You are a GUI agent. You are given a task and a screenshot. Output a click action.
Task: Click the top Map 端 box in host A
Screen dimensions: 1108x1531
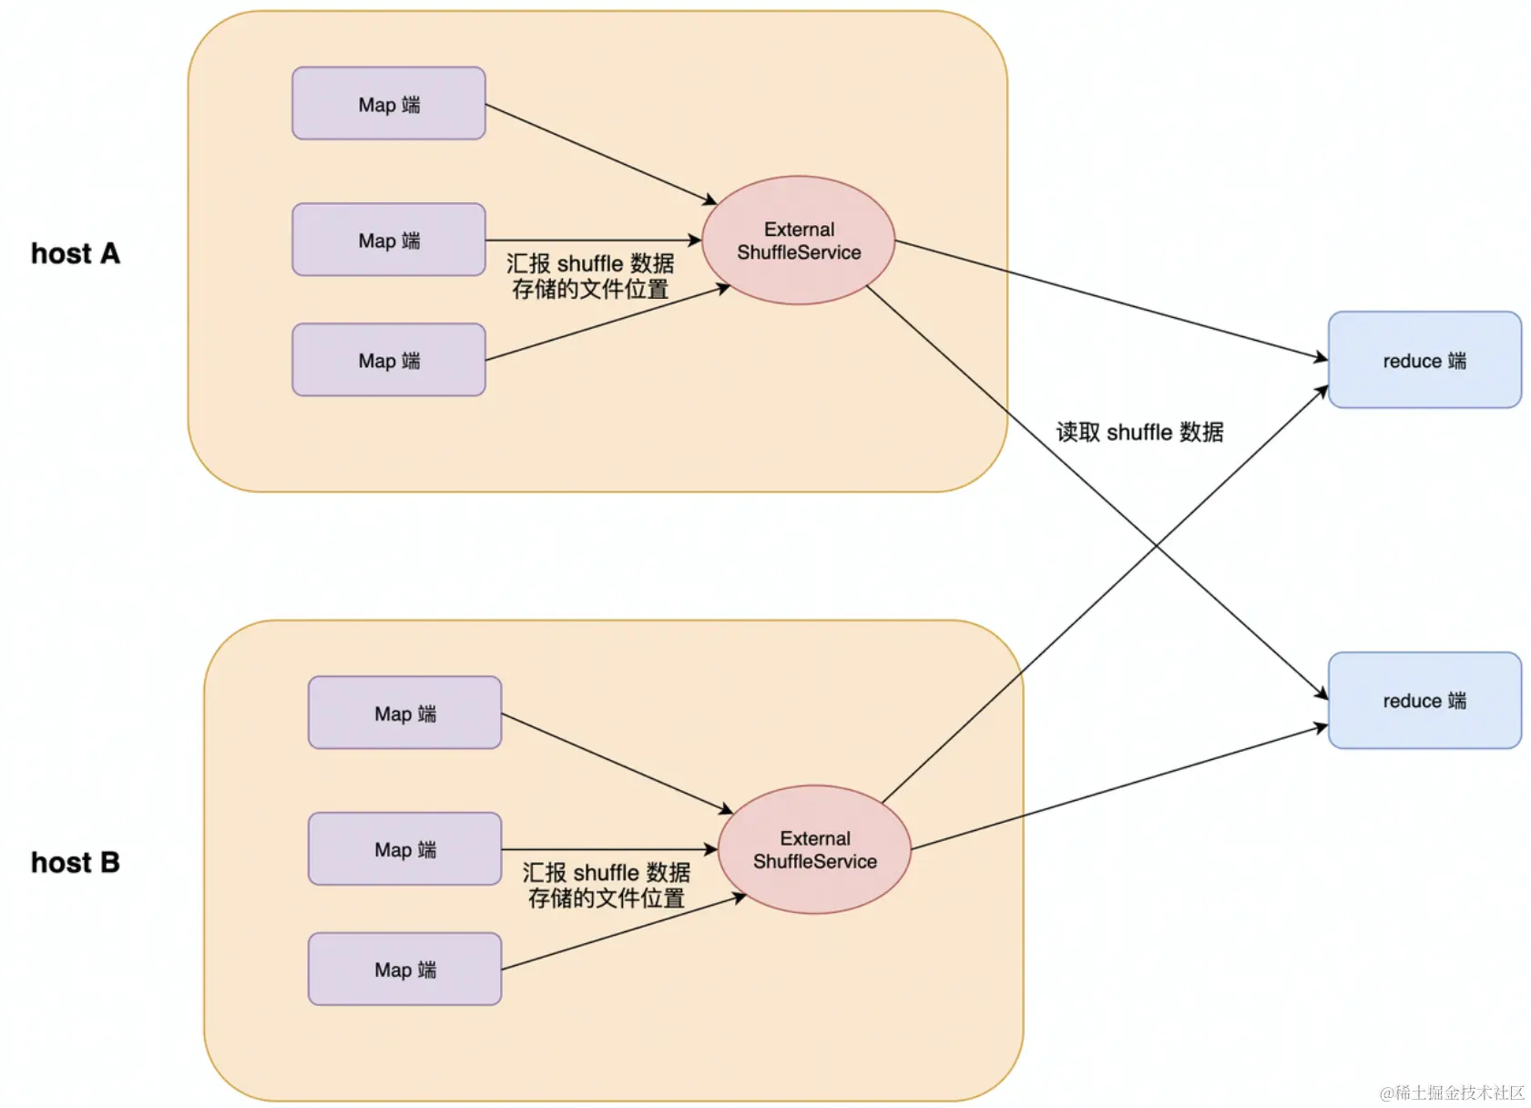pos(389,104)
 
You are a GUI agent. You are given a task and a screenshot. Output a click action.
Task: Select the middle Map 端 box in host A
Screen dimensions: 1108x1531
pos(389,240)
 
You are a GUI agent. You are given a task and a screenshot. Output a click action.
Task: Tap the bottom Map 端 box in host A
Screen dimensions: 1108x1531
pos(389,360)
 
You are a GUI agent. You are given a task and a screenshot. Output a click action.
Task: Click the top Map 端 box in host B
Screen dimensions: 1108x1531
pos(405,713)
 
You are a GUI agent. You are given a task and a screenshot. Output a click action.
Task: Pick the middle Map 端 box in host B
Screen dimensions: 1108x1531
pos(405,849)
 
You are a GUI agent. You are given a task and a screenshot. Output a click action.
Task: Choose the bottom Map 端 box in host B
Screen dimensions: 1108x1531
pos(405,969)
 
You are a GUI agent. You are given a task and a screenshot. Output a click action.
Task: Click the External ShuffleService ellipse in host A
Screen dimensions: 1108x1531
pos(799,241)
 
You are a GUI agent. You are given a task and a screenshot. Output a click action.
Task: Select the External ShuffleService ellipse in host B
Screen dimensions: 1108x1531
pos(815,849)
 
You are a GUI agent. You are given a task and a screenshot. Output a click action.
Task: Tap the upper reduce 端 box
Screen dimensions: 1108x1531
pos(1424,360)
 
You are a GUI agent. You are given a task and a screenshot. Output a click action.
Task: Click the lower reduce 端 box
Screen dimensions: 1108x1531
pos(1424,701)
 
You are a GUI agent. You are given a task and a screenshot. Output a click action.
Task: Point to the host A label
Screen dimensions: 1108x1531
pos(76,253)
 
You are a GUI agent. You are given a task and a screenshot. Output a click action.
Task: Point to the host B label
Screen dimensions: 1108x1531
pos(76,862)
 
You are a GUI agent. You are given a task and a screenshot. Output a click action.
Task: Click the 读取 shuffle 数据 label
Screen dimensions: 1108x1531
pos(1139,432)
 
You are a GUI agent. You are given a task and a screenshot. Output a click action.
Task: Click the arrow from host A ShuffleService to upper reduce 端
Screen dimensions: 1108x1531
pos(1111,300)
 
